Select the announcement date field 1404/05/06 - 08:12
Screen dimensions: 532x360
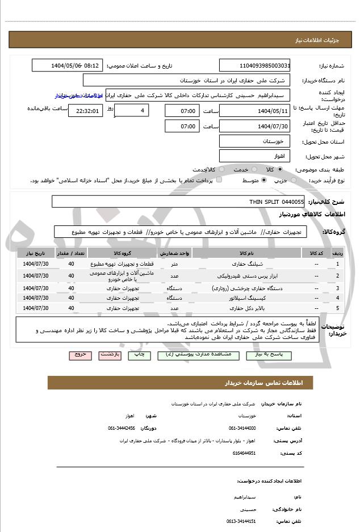click(x=68, y=65)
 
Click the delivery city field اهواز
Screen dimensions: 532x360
click(x=254, y=156)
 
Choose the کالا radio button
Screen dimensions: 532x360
click(x=280, y=170)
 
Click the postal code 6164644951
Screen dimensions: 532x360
click(x=244, y=453)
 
